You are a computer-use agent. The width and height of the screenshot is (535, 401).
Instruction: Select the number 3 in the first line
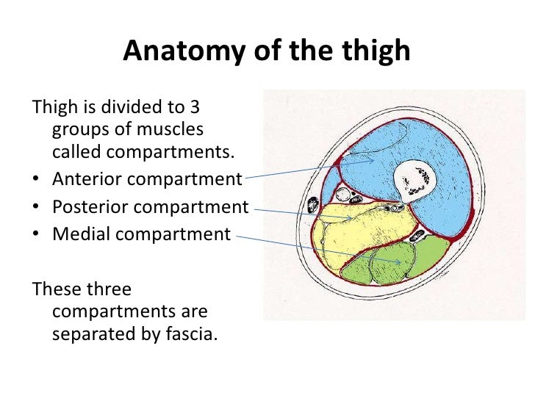click(x=195, y=107)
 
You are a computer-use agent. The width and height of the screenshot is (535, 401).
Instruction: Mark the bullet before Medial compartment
click(x=37, y=235)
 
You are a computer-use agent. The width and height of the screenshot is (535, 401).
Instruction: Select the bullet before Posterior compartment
click(x=37, y=207)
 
